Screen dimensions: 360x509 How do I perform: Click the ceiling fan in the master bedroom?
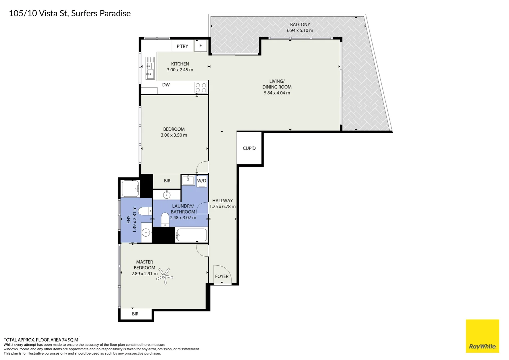coord(165,276)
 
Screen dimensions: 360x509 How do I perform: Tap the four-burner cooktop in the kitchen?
coord(201,88)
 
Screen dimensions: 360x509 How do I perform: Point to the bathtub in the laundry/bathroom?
coord(192,235)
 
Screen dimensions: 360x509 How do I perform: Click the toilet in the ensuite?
coord(145,211)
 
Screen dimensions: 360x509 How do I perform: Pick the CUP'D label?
coord(249,148)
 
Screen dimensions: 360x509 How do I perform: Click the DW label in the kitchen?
coord(166,85)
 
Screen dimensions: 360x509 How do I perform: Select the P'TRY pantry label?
coord(182,46)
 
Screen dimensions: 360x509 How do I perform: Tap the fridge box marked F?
coord(201,46)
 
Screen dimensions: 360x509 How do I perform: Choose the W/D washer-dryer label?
coord(202,181)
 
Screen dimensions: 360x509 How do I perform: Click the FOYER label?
coord(222,276)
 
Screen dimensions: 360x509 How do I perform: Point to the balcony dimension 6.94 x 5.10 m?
coord(300,30)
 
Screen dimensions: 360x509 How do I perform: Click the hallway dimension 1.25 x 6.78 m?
coord(223,207)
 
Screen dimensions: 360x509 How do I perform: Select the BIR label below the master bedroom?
coord(135,314)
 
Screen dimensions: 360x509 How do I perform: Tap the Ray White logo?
coord(482,336)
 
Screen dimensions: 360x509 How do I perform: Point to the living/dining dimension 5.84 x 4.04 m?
coord(277,93)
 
